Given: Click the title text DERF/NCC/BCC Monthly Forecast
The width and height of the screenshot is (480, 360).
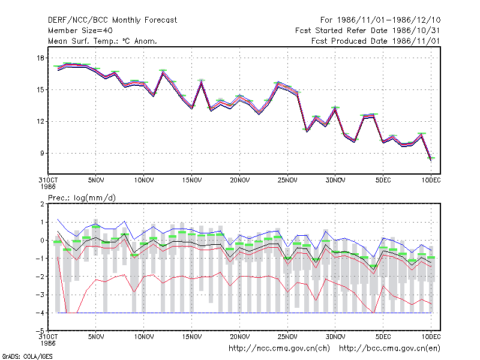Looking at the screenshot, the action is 112,20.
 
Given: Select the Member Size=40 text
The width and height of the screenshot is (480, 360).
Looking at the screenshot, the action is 80,31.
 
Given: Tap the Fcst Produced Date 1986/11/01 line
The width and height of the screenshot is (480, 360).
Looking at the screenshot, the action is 376,41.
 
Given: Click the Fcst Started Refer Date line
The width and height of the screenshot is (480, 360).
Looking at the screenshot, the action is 367,31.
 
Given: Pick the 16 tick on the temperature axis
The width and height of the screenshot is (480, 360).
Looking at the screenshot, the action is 41,58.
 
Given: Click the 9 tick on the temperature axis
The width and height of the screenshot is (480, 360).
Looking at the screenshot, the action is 42,153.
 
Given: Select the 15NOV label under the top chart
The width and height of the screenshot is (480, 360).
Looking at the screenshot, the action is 192,181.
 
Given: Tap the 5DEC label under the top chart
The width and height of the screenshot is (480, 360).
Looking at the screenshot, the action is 383,181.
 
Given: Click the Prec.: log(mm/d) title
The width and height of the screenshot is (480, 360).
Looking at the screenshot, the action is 82,198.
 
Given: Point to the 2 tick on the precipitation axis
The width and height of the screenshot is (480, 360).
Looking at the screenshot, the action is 42,204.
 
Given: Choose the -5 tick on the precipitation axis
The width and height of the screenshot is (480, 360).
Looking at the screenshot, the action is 40,331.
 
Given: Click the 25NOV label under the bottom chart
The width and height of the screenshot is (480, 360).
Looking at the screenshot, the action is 287,337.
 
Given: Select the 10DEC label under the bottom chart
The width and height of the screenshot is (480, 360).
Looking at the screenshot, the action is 431,337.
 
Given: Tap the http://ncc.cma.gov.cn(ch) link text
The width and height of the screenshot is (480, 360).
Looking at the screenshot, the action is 279,349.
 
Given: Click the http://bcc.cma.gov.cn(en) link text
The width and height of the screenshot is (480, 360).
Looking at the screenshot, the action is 389,349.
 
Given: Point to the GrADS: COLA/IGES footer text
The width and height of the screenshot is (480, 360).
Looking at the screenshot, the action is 27,356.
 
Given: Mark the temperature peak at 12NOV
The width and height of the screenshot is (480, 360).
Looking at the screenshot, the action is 163,71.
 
